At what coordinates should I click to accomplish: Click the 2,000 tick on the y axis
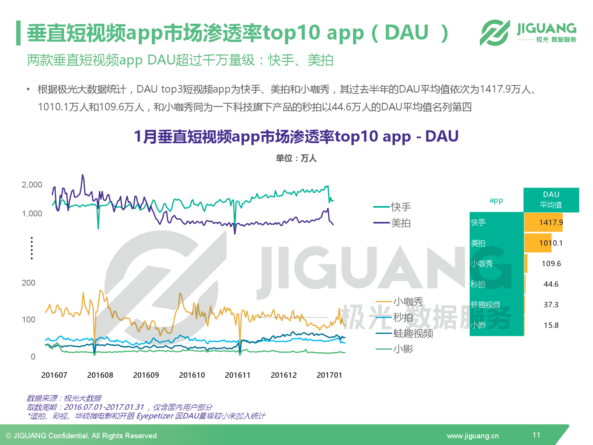point(32,185)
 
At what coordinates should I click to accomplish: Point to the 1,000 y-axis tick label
point(32,214)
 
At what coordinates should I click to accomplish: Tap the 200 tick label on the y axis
point(28,283)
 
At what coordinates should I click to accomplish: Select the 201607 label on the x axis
point(54,375)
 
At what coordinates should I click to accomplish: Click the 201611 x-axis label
point(238,375)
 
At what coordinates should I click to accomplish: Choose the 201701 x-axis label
point(329,375)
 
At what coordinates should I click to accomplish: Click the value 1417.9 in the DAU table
point(551,222)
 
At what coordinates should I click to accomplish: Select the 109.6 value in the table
point(551,263)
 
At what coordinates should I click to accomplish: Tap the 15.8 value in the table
point(551,325)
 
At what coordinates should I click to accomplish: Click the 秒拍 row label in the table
point(478,284)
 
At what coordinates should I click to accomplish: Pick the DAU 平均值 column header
point(551,200)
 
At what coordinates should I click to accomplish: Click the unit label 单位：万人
point(296,158)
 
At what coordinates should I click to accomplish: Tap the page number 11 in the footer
point(536,435)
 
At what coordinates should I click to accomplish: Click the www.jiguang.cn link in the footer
point(473,436)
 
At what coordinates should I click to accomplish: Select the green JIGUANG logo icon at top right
point(495,32)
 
